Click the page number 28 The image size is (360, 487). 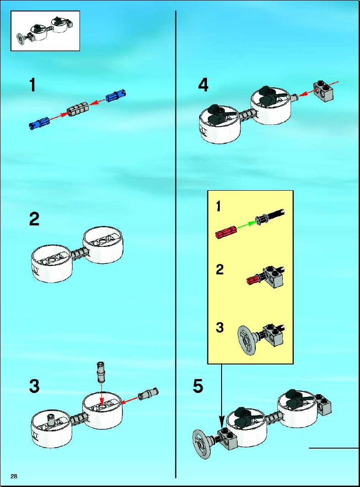click(x=14, y=476)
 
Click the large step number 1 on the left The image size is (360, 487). click(x=32, y=85)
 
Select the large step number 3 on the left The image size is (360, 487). click(x=34, y=386)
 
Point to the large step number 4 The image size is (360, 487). click(x=203, y=85)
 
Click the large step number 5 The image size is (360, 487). click(x=198, y=386)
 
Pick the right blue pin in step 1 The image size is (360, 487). click(x=116, y=96)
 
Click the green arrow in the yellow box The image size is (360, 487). click(x=247, y=225)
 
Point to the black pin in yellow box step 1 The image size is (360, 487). click(x=270, y=216)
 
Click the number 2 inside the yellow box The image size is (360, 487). click(x=220, y=269)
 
